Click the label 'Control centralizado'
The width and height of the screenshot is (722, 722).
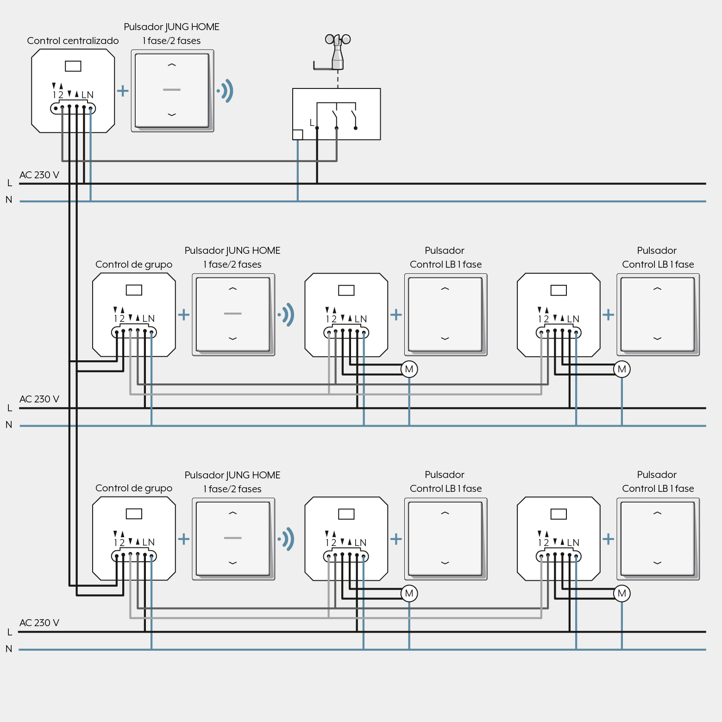pyautogui.click(x=73, y=41)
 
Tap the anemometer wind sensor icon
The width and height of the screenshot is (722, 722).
pyautogui.click(x=337, y=52)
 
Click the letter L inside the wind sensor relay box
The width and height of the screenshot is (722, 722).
pyautogui.click(x=312, y=123)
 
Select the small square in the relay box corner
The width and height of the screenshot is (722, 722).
pyautogui.click(x=298, y=135)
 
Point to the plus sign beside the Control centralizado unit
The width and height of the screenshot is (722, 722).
pyautogui.click(x=123, y=90)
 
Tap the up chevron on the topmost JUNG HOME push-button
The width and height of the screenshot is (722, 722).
pyautogui.click(x=172, y=65)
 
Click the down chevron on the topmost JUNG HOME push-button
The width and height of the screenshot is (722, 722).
pyautogui.click(x=172, y=114)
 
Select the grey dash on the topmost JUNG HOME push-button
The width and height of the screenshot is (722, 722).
pyautogui.click(x=172, y=90)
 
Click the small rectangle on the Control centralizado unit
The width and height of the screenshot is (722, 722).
pyautogui.click(x=73, y=66)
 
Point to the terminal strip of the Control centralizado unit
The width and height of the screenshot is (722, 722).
pyautogui.click(x=73, y=108)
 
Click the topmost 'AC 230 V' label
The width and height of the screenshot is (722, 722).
pyautogui.click(x=39, y=175)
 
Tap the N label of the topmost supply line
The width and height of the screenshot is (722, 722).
pyautogui.click(x=9, y=200)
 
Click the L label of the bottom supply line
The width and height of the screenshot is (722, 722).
pyautogui.click(x=10, y=632)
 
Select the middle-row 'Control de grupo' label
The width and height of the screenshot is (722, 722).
pyautogui.click(x=134, y=264)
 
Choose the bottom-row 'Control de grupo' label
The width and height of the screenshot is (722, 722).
pyautogui.click(x=134, y=488)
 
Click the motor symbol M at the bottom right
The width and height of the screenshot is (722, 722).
pyautogui.click(x=622, y=593)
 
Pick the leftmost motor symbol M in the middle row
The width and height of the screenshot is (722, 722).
pyautogui.click(x=409, y=369)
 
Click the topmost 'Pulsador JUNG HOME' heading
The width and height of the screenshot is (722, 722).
pyautogui.click(x=171, y=27)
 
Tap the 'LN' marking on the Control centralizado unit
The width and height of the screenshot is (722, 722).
pyautogui.click(x=88, y=95)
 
